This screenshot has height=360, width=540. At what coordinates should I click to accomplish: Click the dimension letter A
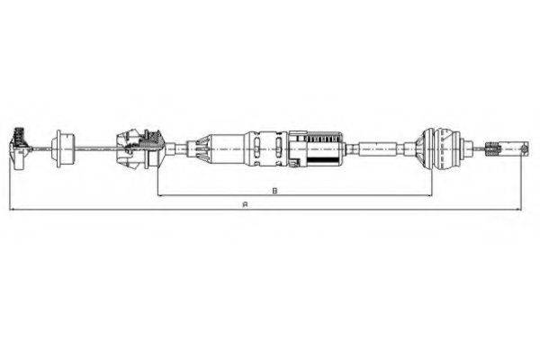(246, 204)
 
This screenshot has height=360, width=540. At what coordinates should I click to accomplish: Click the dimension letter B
(274, 190)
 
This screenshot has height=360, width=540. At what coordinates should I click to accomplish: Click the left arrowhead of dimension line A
(12, 210)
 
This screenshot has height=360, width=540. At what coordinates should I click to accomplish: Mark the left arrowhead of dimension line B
(159, 195)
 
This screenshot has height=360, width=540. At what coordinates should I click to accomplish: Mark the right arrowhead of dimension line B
(425, 195)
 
